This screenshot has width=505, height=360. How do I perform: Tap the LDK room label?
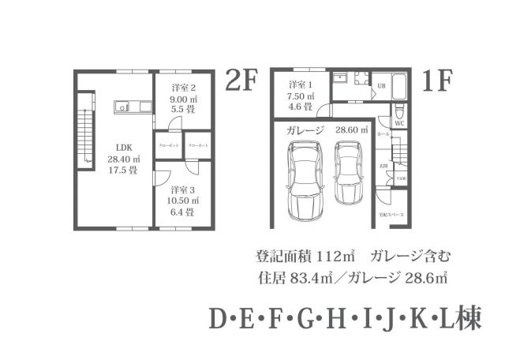[123, 146]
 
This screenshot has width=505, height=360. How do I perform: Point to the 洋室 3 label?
[183, 189]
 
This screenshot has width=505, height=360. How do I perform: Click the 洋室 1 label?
[301, 84]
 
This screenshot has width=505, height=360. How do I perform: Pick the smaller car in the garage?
[347, 171]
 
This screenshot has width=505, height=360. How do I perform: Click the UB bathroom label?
[381, 85]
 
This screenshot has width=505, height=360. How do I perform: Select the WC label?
[398, 123]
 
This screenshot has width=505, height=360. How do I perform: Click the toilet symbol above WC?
[399, 108]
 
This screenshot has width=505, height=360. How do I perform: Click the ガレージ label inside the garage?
[304, 129]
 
